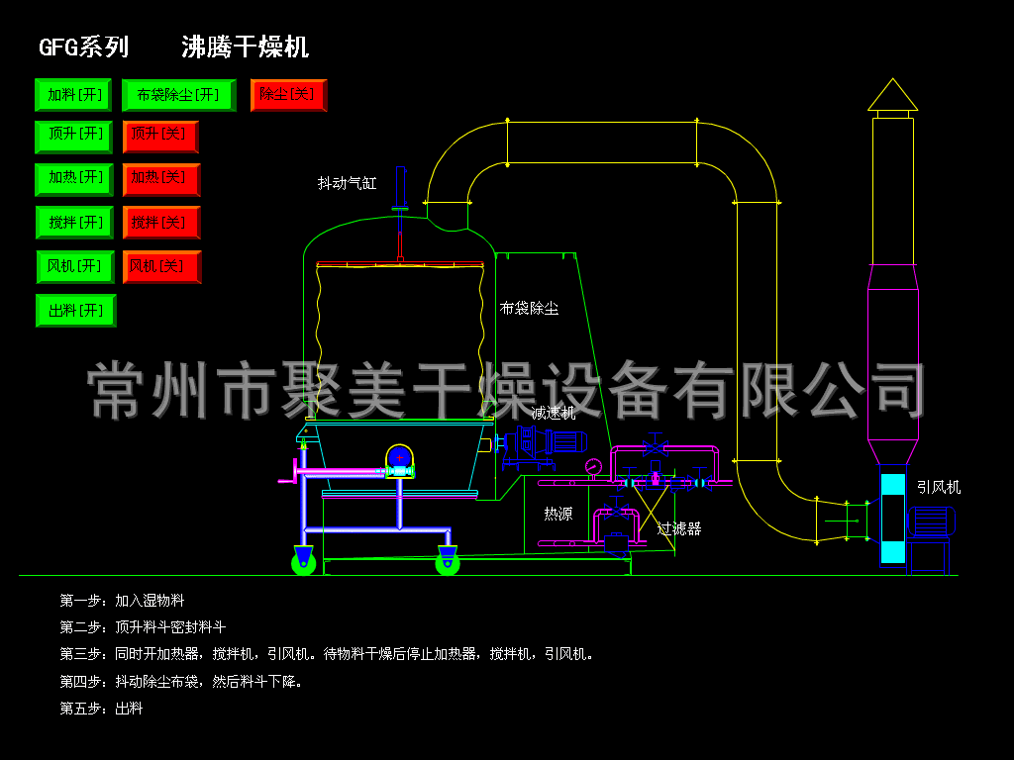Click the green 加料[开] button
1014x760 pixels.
(74, 95)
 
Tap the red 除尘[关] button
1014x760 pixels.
(288, 95)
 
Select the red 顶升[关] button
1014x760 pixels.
(160, 136)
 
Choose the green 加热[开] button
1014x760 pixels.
(75, 178)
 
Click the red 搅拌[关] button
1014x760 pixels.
(160, 223)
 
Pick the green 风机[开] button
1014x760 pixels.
(75, 266)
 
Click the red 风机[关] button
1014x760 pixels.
(160, 266)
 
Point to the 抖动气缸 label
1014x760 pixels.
(347, 183)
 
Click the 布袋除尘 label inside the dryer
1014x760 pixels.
(529, 309)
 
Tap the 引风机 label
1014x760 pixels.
(938, 487)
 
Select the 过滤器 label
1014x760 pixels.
(679, 528)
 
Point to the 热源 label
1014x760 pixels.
(558, 514)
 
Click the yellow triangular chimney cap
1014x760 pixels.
(892, 95)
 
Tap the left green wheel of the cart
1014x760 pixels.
(303, 563)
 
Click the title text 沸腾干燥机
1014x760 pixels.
(245, 47)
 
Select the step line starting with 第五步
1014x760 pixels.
(101, 709)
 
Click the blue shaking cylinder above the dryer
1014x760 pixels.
(400, 186)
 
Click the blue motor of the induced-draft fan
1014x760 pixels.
(931, 521)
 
